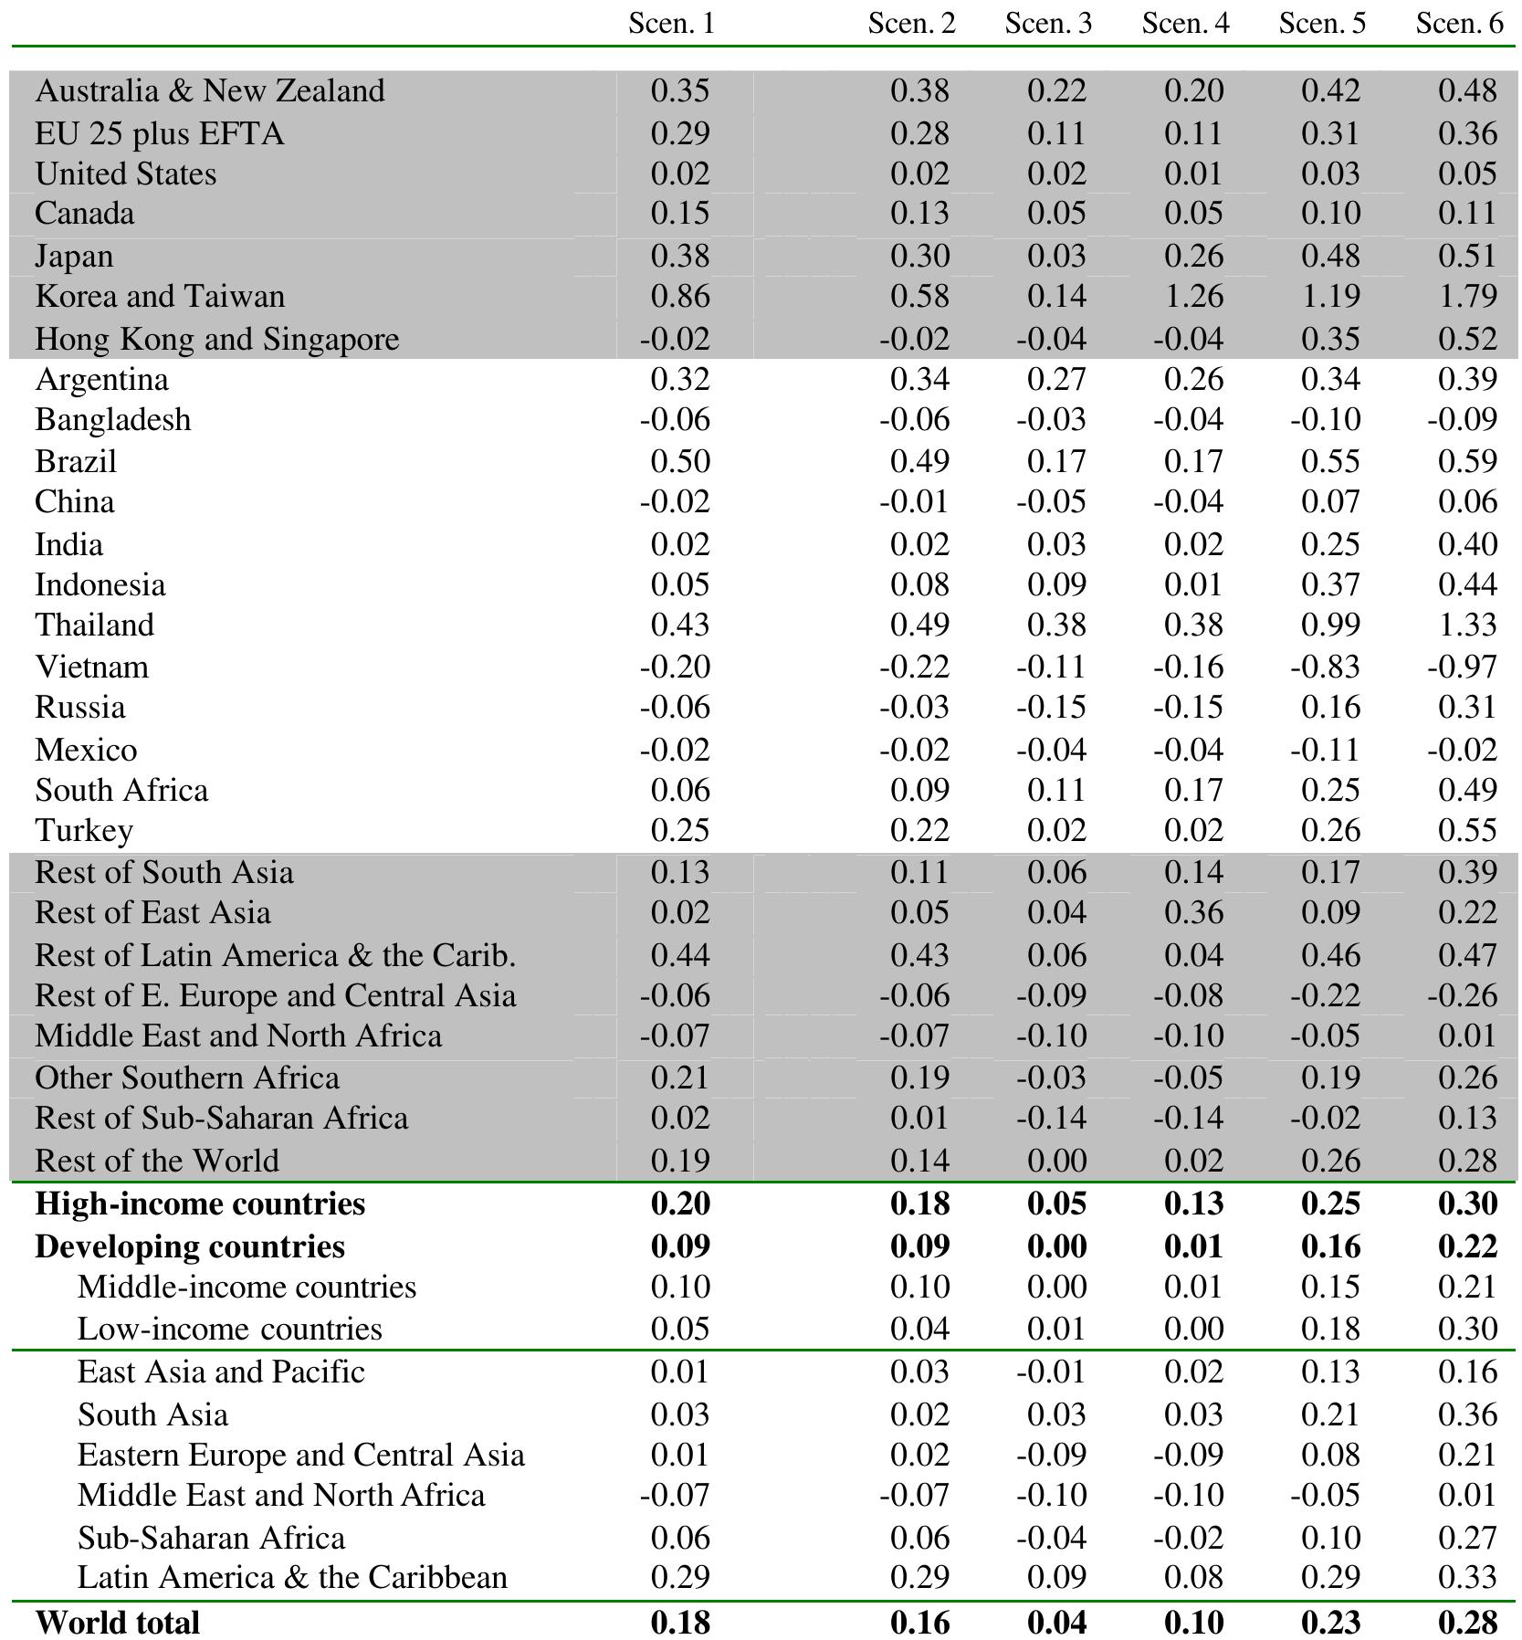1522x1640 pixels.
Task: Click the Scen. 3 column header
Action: (1047, 24)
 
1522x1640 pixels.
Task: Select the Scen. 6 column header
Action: (1458, 24)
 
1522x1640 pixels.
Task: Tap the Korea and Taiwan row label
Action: (160, 297)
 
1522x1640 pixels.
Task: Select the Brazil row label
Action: (76, 461)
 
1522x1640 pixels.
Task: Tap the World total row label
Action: (117, 1623)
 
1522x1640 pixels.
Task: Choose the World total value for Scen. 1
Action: (680, 1623)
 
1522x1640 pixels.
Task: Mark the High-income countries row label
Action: (200, 1204)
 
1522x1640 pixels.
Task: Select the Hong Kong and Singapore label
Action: (217, 339)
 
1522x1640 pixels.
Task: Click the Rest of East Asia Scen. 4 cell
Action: (1193, 913)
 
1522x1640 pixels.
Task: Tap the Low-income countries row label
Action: (229, 1329)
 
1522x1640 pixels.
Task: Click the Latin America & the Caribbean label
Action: (292, 1577)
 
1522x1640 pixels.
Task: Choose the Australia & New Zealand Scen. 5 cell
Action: (1330, 91)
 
